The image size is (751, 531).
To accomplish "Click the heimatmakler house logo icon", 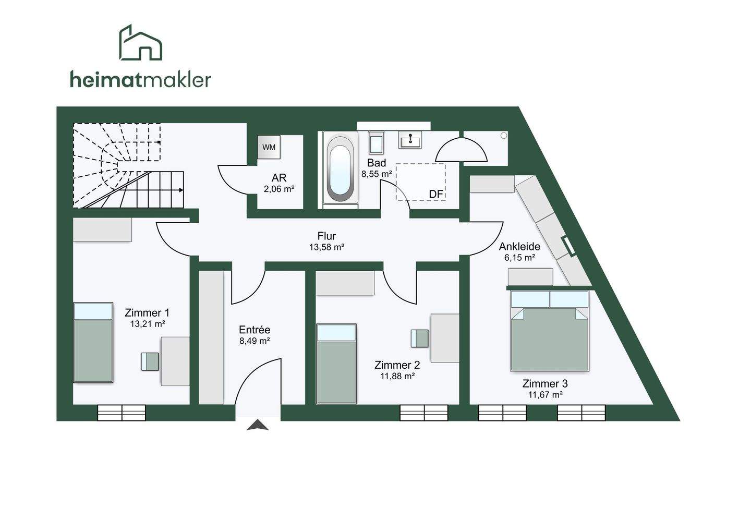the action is coord(140,43).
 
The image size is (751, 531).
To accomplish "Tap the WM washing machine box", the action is coord(269,147).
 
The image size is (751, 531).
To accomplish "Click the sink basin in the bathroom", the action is coord(410,139).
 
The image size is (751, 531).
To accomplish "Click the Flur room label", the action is coord(326,236).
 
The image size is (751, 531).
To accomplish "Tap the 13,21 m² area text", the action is coord(148,324).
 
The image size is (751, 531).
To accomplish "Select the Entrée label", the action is coord(255,330).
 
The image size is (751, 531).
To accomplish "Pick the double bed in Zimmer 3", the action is coord(550,331).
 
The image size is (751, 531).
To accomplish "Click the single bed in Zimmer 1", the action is coord(93,343).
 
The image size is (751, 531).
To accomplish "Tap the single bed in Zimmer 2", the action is coord(336,364).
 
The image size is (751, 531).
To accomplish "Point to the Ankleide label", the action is coord(519,246).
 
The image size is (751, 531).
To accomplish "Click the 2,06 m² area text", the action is coord(279,189).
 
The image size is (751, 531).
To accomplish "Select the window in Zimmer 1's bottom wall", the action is coord(122,413).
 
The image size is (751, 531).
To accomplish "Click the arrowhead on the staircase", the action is coord(181,190).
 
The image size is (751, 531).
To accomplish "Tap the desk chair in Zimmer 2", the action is coord(420,338).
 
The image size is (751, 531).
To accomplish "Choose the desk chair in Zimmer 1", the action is coord(150,361).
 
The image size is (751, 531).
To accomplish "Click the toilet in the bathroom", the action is coord(376,142).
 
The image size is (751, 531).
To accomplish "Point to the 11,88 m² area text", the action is coord(397,376).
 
